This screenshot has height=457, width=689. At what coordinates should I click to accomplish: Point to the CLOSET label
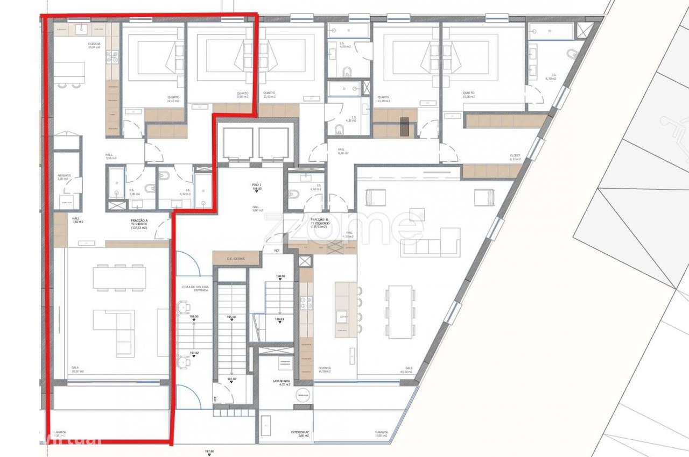click(515, 156)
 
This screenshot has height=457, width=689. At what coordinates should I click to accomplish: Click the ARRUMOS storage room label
click(64, 177)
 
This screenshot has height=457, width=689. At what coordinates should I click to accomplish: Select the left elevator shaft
click(237, 144)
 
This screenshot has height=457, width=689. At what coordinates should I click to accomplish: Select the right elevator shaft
click(273, 144)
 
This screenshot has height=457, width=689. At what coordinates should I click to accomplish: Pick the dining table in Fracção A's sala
click(119, 278)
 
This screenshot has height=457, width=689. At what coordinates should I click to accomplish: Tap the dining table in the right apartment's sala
click(400, 312)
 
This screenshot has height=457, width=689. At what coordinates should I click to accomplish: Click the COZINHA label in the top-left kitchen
click(95, 45)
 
